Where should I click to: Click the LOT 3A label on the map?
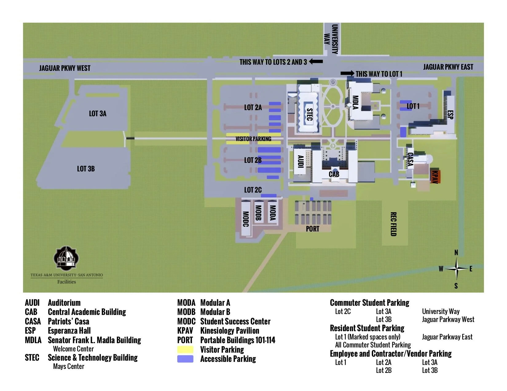coord(98,114)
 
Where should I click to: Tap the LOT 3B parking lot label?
coord(86,169)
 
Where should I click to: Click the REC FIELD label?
coord(393,224)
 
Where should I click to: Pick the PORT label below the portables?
coord(312,229)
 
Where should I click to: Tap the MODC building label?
coord(246,219)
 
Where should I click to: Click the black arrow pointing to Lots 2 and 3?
coord(316,62)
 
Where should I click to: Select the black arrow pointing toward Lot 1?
coord(347,73)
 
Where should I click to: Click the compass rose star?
coord(457,269)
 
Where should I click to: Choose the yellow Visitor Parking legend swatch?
coord(185,350)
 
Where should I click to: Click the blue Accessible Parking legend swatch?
coord(185,359)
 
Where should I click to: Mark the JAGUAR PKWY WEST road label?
coord(65,68)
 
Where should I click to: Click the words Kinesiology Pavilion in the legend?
coord(230,331)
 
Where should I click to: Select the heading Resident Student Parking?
coord(367,328)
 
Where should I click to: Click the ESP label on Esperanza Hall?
coord(450,115)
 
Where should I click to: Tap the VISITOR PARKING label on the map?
coord(253,139)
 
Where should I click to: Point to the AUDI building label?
coord(301,162)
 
